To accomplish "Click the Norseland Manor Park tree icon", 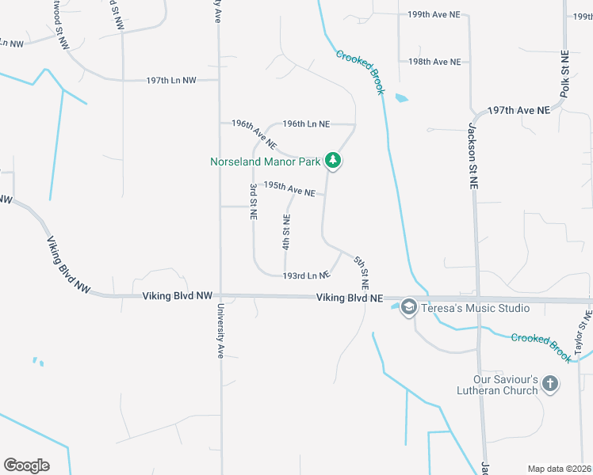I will click(334, 161).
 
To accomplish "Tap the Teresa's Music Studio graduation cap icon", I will click(409, 307).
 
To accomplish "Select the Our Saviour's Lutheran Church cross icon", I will click(550, 385).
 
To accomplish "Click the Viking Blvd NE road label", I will click(350, 298).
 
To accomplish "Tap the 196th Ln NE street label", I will click(306, 123).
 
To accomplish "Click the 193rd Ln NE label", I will click(306, 275).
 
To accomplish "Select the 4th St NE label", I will click(286, 231).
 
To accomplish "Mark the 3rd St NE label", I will click(253, 203).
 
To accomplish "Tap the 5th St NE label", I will click(362, 272).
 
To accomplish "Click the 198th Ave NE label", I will click(434, 62).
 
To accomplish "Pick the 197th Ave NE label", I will click(518, 111).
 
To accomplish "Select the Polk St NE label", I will click(564, 74).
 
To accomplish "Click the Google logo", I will click(26, 465).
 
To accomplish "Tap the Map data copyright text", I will click(559, 469).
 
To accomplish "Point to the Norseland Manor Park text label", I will click(265, 161).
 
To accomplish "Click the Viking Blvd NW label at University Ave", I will click(178, 295).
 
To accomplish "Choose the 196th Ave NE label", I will click(254, 135).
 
